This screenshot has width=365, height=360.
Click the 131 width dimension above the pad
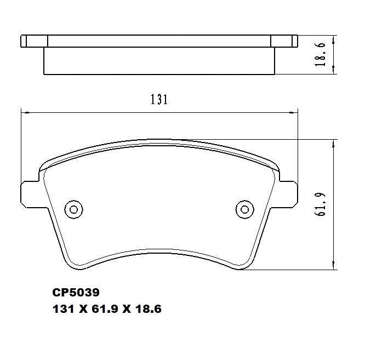click(158, 100)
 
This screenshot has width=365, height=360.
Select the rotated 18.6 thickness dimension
click(322, 54)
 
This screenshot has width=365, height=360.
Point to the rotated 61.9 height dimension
click(320, 204)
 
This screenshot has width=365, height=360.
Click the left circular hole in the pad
click(73, 208)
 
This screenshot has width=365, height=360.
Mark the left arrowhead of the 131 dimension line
click(24, 113)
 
